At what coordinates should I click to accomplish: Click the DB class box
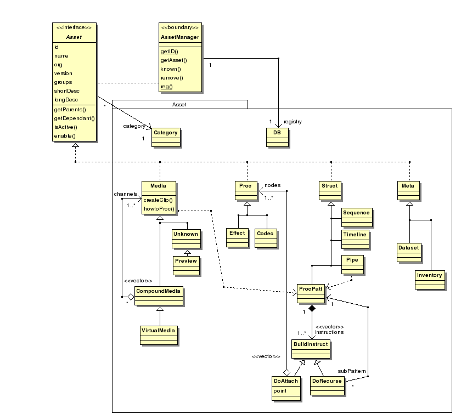[277, 137]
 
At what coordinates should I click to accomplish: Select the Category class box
[166, 137]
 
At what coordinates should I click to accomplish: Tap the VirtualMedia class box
[159, 335]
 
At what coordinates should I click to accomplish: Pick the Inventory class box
[430, 280]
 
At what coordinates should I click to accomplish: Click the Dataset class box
[409, 252]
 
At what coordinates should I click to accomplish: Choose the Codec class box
[266, 238]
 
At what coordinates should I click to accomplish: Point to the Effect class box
[237, 237]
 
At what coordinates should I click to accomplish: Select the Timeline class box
[355, 240]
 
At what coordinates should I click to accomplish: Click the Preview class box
[186, 265]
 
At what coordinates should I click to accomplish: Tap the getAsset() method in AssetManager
[174, 60]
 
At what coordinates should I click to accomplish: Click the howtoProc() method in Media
[159, 209]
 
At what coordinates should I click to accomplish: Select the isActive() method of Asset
[65, 127]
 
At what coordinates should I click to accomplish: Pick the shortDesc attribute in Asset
[67, 91]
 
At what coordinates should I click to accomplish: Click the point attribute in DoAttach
[280, 391]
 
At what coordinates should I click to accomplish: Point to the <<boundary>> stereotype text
[180, 27]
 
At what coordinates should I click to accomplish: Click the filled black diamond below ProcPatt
[312, 308]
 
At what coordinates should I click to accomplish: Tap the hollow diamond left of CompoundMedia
[131, 297]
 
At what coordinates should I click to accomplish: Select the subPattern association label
[352, 371]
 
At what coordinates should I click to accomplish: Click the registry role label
[293, 122]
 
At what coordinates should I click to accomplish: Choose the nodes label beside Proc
[273, 185]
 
